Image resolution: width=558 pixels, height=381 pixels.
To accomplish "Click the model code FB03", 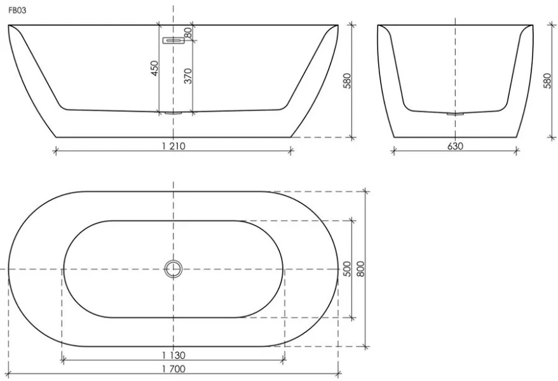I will click(17, 11).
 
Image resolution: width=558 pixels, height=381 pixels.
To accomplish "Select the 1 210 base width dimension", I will click(173, 145).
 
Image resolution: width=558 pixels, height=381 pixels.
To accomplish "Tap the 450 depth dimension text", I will click(154, 69).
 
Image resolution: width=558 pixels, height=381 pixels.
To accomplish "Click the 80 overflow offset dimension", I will click(188, 32).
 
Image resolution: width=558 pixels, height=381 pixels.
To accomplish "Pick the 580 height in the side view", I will click(347, 81).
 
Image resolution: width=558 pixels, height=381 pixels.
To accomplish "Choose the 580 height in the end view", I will click(547, 81).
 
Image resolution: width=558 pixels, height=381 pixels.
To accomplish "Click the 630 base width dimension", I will click(455, 145).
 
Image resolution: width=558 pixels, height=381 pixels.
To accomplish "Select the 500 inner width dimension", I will click(347, 269).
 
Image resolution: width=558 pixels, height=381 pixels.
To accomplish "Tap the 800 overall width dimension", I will click(360, 269).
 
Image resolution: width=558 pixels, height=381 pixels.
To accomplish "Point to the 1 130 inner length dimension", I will click(174, 355).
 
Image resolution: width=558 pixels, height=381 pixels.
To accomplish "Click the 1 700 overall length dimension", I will click(174, 368).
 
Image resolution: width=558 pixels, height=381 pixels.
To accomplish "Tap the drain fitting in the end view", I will click(455, 114).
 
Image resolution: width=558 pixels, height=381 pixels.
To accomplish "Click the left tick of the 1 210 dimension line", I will click(55, 150).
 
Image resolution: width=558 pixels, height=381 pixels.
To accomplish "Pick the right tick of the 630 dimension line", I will click(516, 150).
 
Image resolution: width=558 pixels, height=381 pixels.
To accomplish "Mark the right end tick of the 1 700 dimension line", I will click(339, 373).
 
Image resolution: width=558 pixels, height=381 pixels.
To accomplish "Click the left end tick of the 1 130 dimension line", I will click(62, 360).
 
